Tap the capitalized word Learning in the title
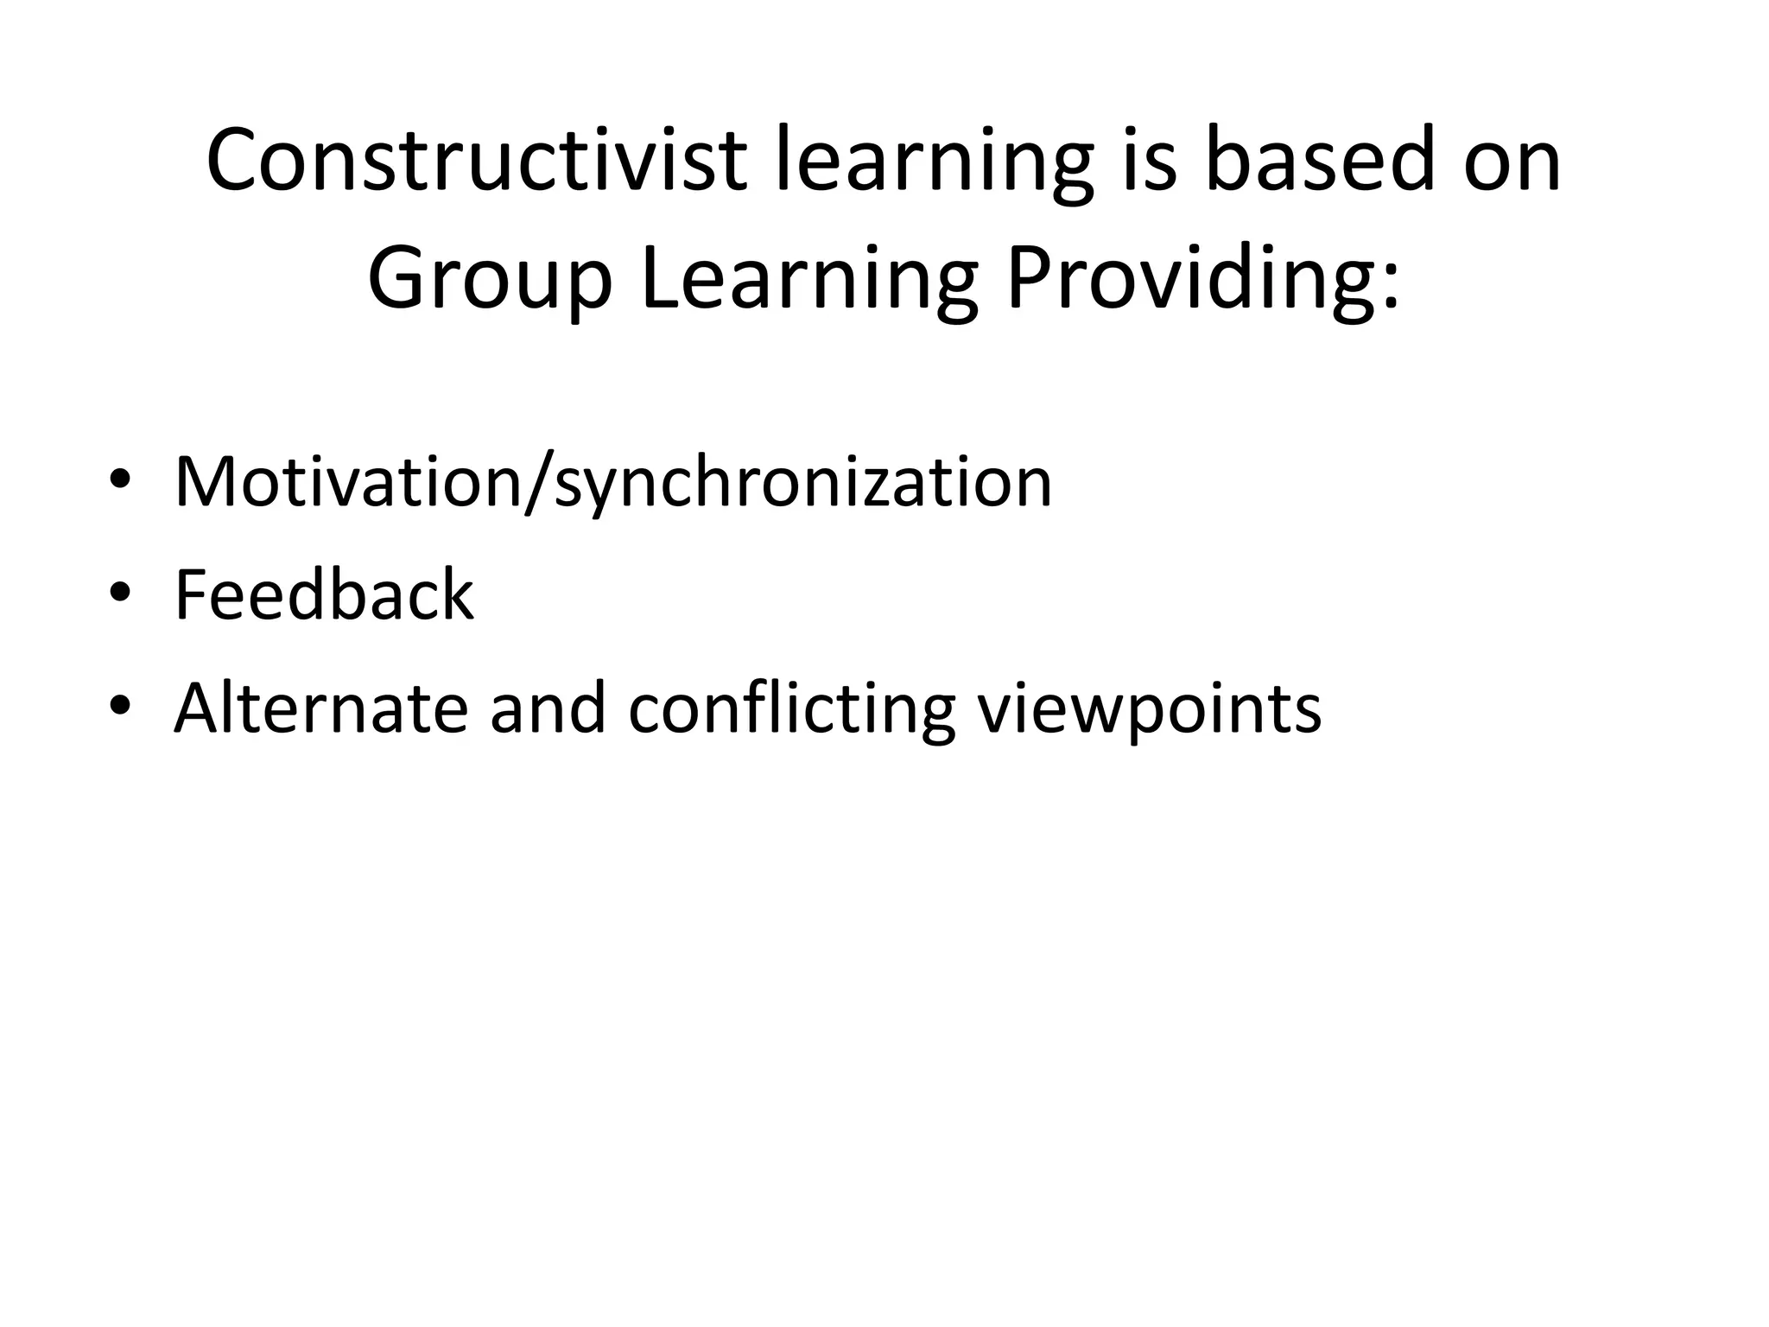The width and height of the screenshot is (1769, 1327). [810, 282]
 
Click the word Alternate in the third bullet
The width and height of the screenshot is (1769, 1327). [320, 708]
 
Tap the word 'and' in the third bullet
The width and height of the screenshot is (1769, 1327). [548, 708]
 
